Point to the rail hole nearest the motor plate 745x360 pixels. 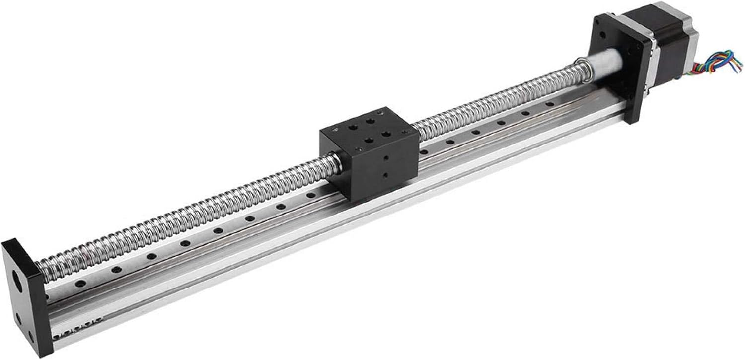pos(550,105)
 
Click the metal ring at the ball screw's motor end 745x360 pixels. pos(581,70)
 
